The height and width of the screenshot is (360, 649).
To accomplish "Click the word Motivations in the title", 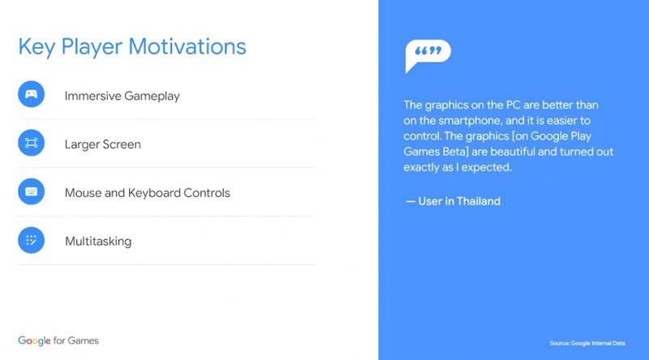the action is click(x=187, y=46).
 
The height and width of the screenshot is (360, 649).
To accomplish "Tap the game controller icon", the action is click(x=31, y=94).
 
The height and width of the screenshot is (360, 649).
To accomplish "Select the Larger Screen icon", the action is click(x=31, y=143).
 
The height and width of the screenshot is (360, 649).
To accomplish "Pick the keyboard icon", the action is click(x=31, y=191).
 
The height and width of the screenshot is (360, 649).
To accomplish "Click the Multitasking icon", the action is click(x=31, y=240).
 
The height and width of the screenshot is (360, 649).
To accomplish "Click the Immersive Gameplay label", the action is click(x=122, y=96).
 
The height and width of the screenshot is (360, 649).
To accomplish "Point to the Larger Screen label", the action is click(x=103, y=144).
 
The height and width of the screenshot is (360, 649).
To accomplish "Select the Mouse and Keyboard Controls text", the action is click(x=148, y=193).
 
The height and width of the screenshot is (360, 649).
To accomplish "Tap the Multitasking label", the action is click(x=98, y=242).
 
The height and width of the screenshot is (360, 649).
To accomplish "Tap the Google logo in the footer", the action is click(x=34, y=341).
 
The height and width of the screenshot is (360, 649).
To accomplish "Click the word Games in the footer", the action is click(x=84, y=341).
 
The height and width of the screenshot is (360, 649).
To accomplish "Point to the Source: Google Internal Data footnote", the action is click(x=587, y=343).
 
